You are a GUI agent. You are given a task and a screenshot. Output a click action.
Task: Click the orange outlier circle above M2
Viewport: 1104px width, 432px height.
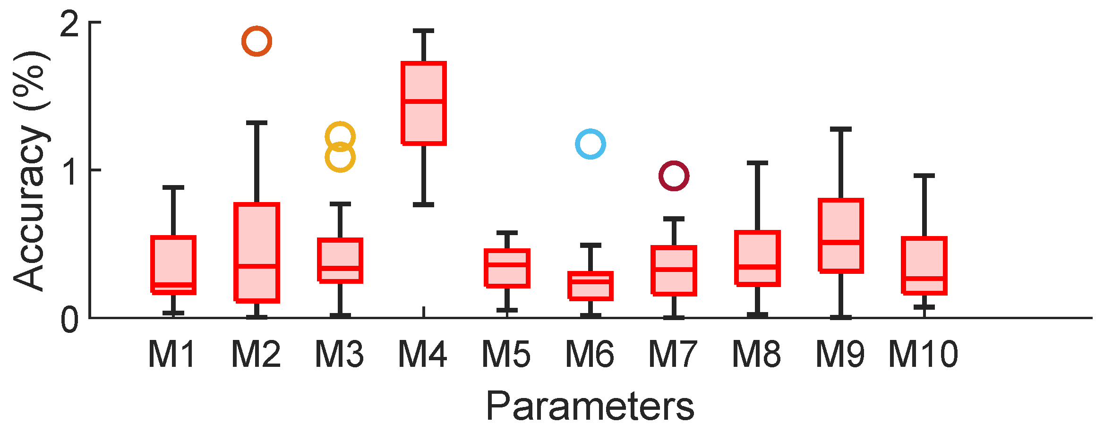pos(257,41)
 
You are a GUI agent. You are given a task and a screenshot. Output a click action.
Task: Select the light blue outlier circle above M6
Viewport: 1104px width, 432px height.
pos(590,144)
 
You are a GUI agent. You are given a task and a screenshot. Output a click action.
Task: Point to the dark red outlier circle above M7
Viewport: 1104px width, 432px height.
pos(674,176)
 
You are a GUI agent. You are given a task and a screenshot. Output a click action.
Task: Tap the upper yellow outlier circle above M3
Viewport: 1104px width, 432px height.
pos(340,136)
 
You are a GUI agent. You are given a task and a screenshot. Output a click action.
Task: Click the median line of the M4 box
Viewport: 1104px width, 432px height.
pos(424,101)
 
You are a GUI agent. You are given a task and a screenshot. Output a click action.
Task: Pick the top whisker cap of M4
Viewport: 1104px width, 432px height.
pos(424,31)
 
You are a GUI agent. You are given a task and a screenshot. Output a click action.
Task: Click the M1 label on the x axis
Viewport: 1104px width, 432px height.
pos(172,354)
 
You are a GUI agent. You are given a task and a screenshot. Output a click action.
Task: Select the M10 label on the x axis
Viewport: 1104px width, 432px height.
pos(924,354)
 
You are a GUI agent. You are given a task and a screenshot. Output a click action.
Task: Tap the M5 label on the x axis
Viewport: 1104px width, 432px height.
pos(506,354)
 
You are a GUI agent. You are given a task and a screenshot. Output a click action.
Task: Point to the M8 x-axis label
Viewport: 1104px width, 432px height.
pos(757,354)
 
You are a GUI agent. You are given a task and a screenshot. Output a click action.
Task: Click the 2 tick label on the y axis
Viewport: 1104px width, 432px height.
pos(69,24)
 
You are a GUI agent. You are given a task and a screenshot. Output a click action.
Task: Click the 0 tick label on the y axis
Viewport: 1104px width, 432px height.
pos(69,320)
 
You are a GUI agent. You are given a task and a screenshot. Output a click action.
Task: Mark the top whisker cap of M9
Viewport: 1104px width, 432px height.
pos(841,129)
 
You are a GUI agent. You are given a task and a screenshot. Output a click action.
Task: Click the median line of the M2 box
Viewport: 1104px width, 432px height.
pos(257,266)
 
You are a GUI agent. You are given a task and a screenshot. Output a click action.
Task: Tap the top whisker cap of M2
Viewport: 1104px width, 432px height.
pos(257,123)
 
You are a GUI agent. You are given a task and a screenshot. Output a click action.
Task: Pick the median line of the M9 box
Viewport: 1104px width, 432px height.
pos(841,242)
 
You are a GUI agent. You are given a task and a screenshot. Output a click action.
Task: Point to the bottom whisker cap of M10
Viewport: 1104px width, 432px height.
pos(924,307)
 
